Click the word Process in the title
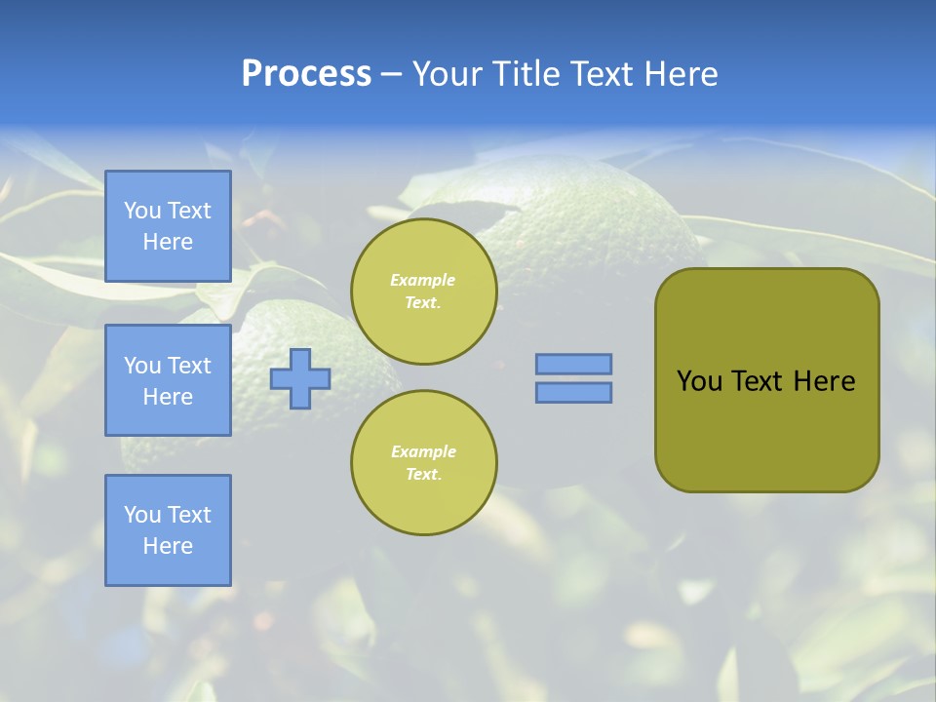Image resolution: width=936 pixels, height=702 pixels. [306, 74]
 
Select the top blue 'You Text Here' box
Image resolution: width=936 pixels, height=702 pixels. [168, 226]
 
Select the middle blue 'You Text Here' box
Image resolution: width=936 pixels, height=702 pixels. [168, 380]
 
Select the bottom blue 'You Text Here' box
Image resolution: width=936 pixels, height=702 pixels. [168, 530]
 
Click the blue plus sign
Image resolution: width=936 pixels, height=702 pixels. [300, 378]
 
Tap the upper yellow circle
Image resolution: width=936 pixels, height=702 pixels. [423, 292]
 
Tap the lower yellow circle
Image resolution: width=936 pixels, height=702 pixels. [423, 463]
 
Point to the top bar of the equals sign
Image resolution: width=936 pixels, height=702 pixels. [573, 364]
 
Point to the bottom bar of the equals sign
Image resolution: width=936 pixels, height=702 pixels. [573, 392]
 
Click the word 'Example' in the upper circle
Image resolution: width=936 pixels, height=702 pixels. [423, 280]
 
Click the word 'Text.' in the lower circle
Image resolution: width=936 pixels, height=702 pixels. [423, 475]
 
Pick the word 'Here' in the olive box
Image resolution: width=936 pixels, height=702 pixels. [824, 381]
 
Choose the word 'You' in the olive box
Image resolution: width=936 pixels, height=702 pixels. [699, 381]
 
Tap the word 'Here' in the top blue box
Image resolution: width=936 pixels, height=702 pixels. [168, 242]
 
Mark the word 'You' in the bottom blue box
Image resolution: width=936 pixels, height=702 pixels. [142, 515]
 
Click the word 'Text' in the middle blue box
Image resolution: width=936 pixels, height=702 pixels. [188, 366]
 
